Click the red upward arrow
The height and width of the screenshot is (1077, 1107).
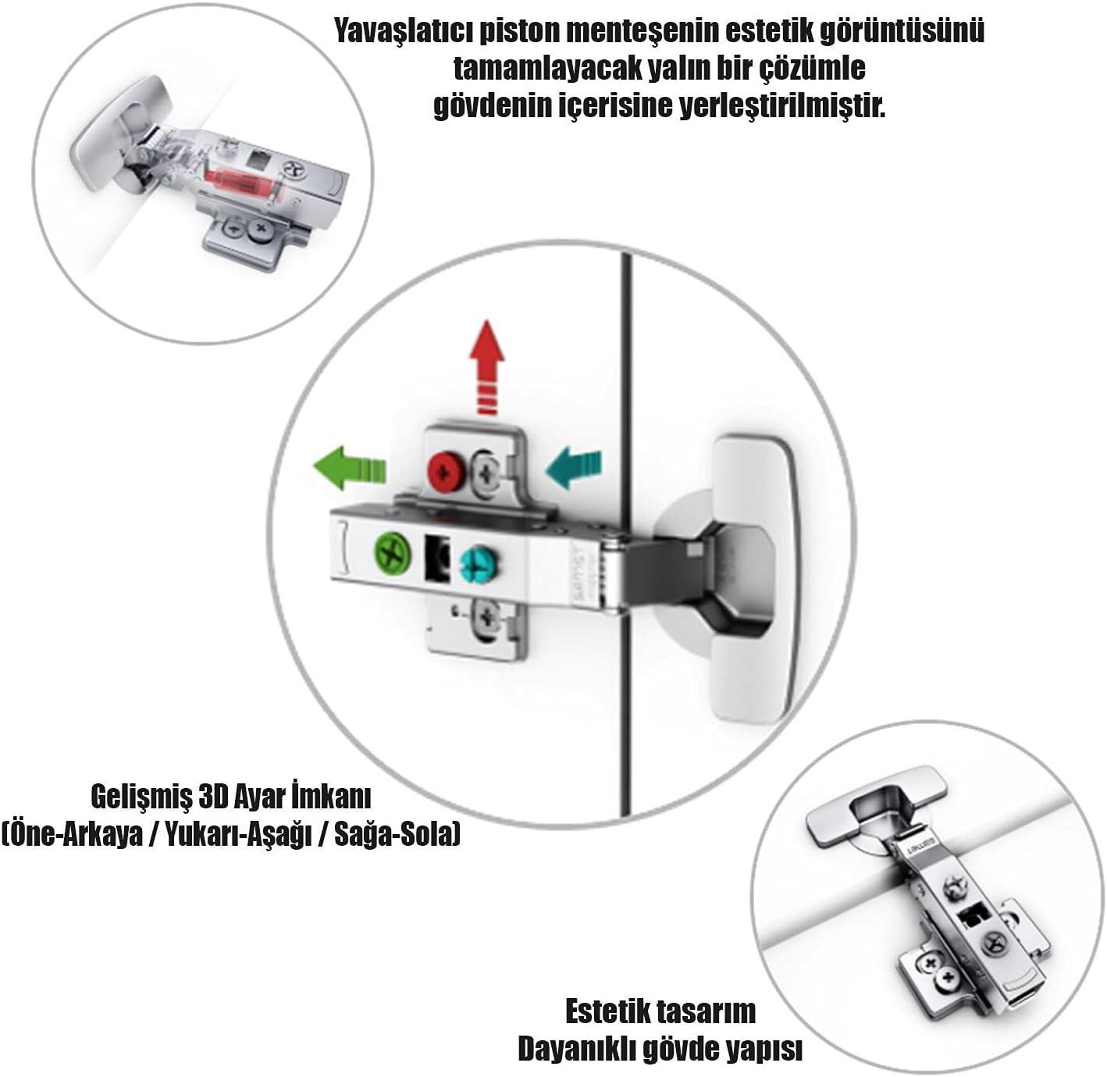point(487,367)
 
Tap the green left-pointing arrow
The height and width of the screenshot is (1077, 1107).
point(349,468)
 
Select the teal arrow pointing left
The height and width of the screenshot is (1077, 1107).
point(573,468)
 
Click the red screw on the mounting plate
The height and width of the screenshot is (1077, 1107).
point(447,471)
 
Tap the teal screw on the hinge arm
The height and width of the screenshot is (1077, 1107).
point(479,565)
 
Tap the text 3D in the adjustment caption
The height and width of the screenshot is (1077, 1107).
point(218,797)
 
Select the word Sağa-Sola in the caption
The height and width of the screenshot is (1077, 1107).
point(397,836)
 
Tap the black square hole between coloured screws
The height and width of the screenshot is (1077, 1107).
point(437,558)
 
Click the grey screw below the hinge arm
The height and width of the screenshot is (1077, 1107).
point(488,616)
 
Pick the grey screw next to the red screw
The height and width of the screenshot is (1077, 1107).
point(487,471)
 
